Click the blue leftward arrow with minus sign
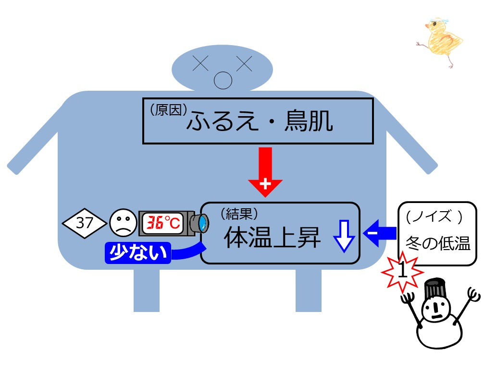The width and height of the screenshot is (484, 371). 380,233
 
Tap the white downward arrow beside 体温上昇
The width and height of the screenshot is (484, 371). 344,236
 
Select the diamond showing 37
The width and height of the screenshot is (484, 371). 84,223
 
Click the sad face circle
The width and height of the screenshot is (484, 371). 123,223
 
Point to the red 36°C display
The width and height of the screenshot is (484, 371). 163,223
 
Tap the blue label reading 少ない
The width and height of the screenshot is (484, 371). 138,253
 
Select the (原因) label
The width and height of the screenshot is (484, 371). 169,110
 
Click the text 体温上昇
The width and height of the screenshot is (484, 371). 272,237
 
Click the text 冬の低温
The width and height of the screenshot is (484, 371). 438,243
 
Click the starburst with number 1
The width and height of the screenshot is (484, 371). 402,272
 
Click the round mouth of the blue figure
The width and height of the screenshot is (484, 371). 223,81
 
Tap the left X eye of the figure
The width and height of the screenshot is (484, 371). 200,63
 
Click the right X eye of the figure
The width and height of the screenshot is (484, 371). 244,63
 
